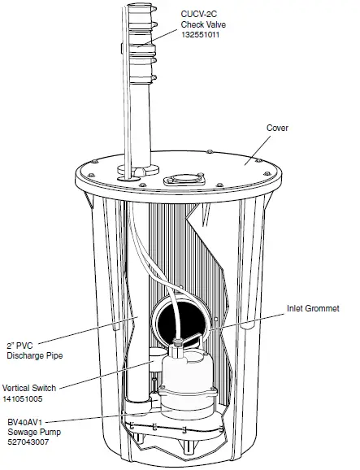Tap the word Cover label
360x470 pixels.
[x=278, y=128]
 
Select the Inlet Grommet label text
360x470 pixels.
[x=313, y=309]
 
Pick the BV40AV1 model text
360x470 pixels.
[x=25, y=424]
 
